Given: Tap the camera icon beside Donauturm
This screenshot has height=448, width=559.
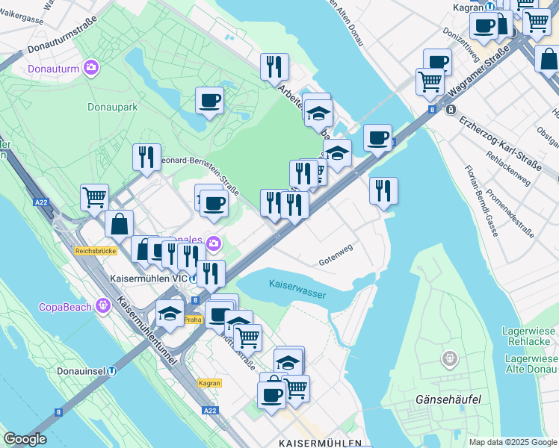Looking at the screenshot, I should (x=90, y=69).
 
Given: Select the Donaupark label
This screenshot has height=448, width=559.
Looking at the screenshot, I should (x=112, y=107).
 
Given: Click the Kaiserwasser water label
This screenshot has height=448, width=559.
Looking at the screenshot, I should (x=297, y=289).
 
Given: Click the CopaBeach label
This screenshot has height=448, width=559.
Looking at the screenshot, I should (x=65, y=307).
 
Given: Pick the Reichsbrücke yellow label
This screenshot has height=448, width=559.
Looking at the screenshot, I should (x=96, y=251).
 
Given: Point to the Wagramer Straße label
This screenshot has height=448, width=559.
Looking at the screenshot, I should (x=481, y=74).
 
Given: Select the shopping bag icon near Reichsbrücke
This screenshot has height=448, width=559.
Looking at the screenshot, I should (x=119, y=223).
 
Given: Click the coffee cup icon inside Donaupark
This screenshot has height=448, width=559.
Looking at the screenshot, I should (x=209, y=100).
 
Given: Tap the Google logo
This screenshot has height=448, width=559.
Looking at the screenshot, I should (x=24, y=439).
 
